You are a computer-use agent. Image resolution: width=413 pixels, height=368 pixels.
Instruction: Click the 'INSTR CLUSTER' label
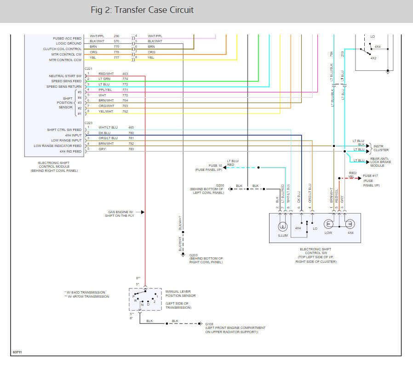click(x=380, y=148)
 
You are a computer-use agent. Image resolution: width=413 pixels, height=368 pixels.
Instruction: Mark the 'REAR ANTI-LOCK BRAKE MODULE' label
click(x=380, y=162)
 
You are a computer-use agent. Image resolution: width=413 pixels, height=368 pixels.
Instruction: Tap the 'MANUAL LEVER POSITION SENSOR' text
click(x=180, y=293)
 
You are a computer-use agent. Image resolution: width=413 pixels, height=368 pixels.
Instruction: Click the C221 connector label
click(x=88, y=68)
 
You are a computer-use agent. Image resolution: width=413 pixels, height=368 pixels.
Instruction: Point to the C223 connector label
click(x=88, y=123)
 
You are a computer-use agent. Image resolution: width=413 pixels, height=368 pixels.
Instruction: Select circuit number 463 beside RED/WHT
click(x=125, y=74)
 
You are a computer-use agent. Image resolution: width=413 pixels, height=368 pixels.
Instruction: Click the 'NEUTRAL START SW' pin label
click(x=65, y=76)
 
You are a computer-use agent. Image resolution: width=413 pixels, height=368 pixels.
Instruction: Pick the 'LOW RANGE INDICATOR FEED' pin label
click(x=58, y=146)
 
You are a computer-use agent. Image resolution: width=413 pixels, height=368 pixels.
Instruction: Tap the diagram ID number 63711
click(x=17, y=352)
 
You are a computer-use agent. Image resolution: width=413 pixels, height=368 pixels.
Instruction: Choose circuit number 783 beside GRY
click(x=131, y=149)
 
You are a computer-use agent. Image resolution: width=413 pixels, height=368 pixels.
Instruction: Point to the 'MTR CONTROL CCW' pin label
click(x=65, y=60)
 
